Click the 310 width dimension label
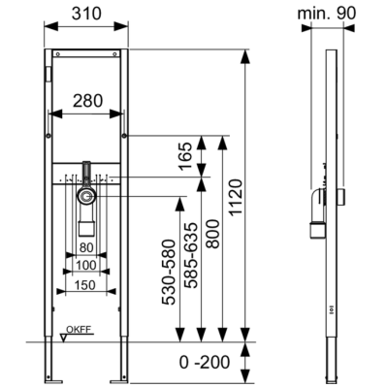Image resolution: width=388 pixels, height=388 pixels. pyautogui.click(x=86, y=14)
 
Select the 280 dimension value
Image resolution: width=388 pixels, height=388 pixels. pyautogui.click(x=87, y=101)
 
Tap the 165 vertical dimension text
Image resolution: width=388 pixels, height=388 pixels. pyautogui.click(x=185, y=156)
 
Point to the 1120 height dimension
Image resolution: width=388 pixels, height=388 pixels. pyautogui.click(x=235, y=197)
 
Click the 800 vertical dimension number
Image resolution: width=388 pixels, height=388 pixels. pyautogui.click(x=212, y=234)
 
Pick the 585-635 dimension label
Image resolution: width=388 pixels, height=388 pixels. pyautogui.click(x=190, y=255)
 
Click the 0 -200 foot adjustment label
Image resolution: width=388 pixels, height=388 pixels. pyautogui.click(x=205, y=362)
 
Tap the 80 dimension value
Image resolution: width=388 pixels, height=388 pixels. pyautogui.click(x=86, y=248)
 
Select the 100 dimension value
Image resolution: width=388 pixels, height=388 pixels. pyautogui.click(x=86, y=266)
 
